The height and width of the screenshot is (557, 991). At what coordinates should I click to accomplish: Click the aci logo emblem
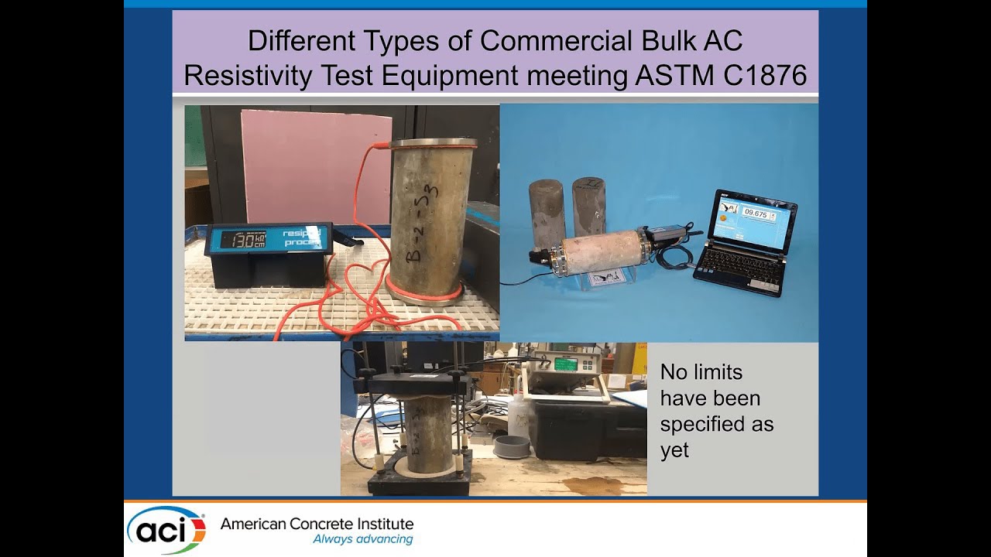166,530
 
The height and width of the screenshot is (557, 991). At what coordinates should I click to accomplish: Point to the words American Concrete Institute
317,524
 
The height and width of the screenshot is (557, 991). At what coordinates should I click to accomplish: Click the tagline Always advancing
362,539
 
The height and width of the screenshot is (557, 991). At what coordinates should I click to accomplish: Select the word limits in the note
712,372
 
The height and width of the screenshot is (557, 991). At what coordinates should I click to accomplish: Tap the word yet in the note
674,450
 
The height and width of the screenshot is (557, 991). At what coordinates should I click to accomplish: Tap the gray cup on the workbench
511,446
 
